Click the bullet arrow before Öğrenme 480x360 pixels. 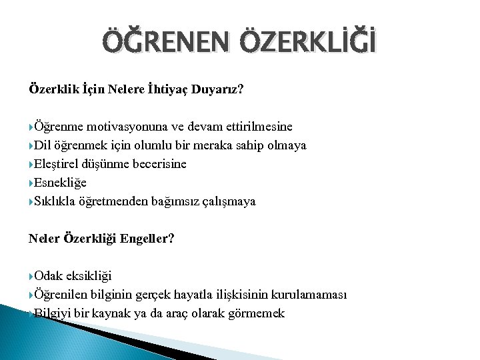click(x=31, y=127)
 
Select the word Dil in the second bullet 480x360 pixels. click(x=44, y=145)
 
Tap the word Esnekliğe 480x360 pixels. click(x=61, y=182)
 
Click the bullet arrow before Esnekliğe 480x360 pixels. click(x=31, y=183)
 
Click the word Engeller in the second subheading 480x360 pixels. click(x=145, y=238)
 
